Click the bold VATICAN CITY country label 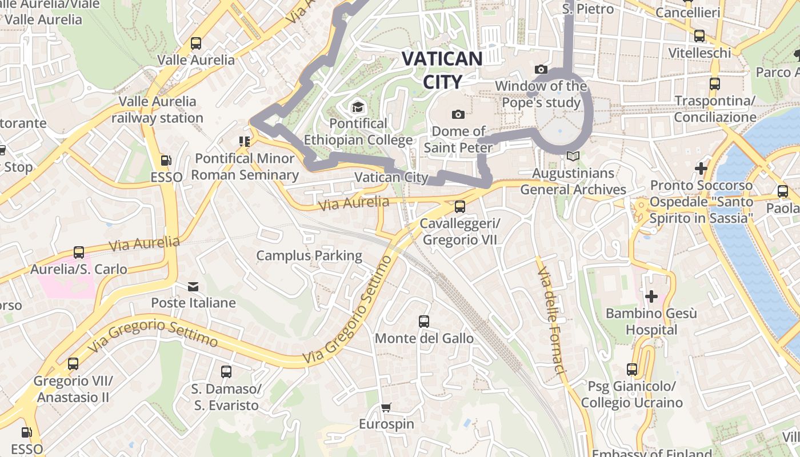[x=442, y=70]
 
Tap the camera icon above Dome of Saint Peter [x=458, y=114]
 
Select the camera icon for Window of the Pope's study [x=541, y=70]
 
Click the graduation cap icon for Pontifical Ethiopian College [x=358, y=107]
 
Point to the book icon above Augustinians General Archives [x=573, y=156]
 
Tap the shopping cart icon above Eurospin [x=386, y=407]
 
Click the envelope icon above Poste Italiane [x=193, y=286]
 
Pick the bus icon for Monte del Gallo [x=423, y=322]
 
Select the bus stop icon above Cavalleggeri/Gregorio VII [x=459, y=206]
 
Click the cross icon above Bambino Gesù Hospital [x=651, y=296]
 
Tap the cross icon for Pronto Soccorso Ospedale [x=701, y=169]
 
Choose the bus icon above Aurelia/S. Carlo [x=79, y=252]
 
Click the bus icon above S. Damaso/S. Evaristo [x=226, y=372]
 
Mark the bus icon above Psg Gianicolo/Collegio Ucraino [x=631, y=370]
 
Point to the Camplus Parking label [x=309, y=255]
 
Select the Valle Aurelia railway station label [x=157, y=110]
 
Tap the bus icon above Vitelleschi [x=699, y=36]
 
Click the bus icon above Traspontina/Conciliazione [x=714, y=84]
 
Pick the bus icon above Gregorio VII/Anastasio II [x=73, y=364]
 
